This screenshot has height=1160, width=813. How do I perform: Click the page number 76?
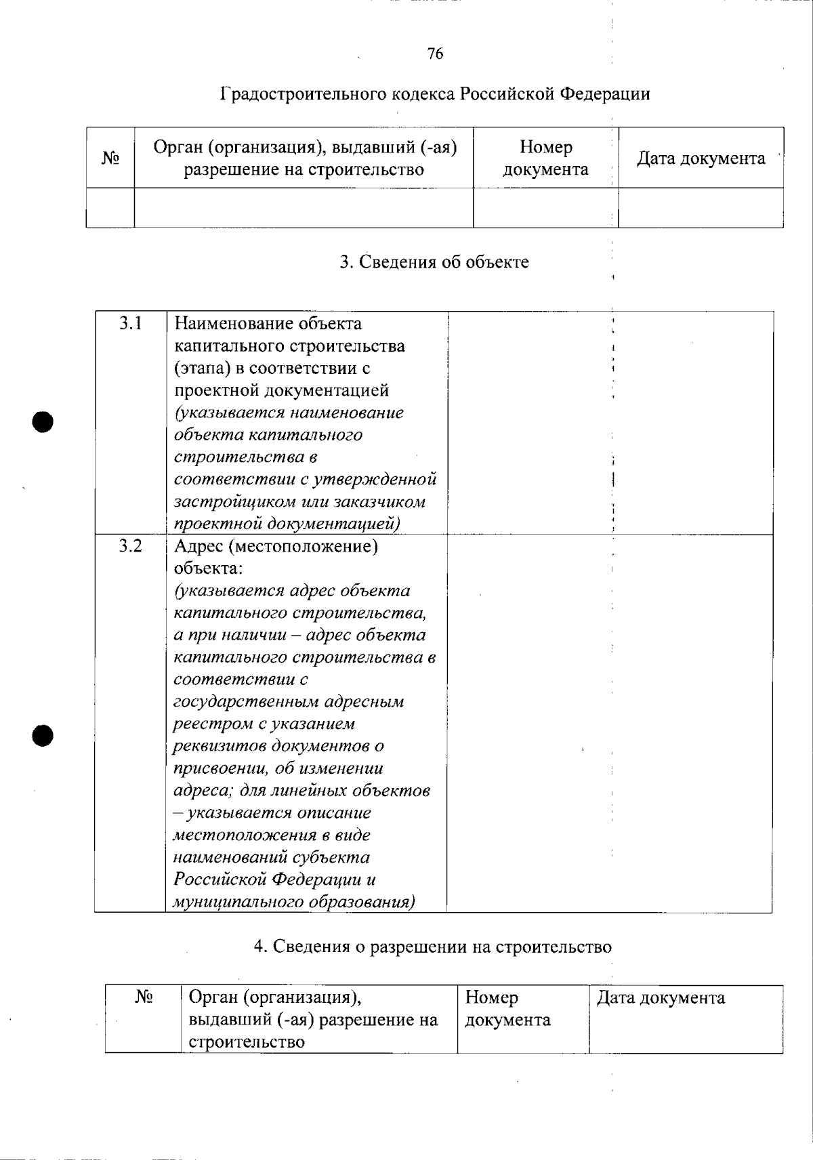[x=436, y=54]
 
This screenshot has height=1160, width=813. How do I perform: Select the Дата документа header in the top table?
[x=701, y=159]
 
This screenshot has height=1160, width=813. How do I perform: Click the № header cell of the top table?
[x=110, y=159]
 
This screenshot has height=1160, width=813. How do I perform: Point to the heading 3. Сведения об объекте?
[x=434, y=262]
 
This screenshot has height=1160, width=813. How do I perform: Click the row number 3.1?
[x=131, y=323]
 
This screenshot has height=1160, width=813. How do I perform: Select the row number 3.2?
[x=131, y=545]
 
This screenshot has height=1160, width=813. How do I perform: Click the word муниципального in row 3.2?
[x=238, y=903]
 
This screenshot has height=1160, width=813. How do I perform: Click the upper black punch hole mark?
[x=42, y=421]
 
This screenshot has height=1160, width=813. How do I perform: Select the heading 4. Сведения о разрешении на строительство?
[x=433, y=947]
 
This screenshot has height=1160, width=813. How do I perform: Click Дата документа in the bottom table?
[x=661, y=998]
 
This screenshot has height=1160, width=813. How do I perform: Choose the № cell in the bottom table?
[x=144, y=997]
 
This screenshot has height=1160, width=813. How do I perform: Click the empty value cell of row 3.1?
[x=610, y=423]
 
